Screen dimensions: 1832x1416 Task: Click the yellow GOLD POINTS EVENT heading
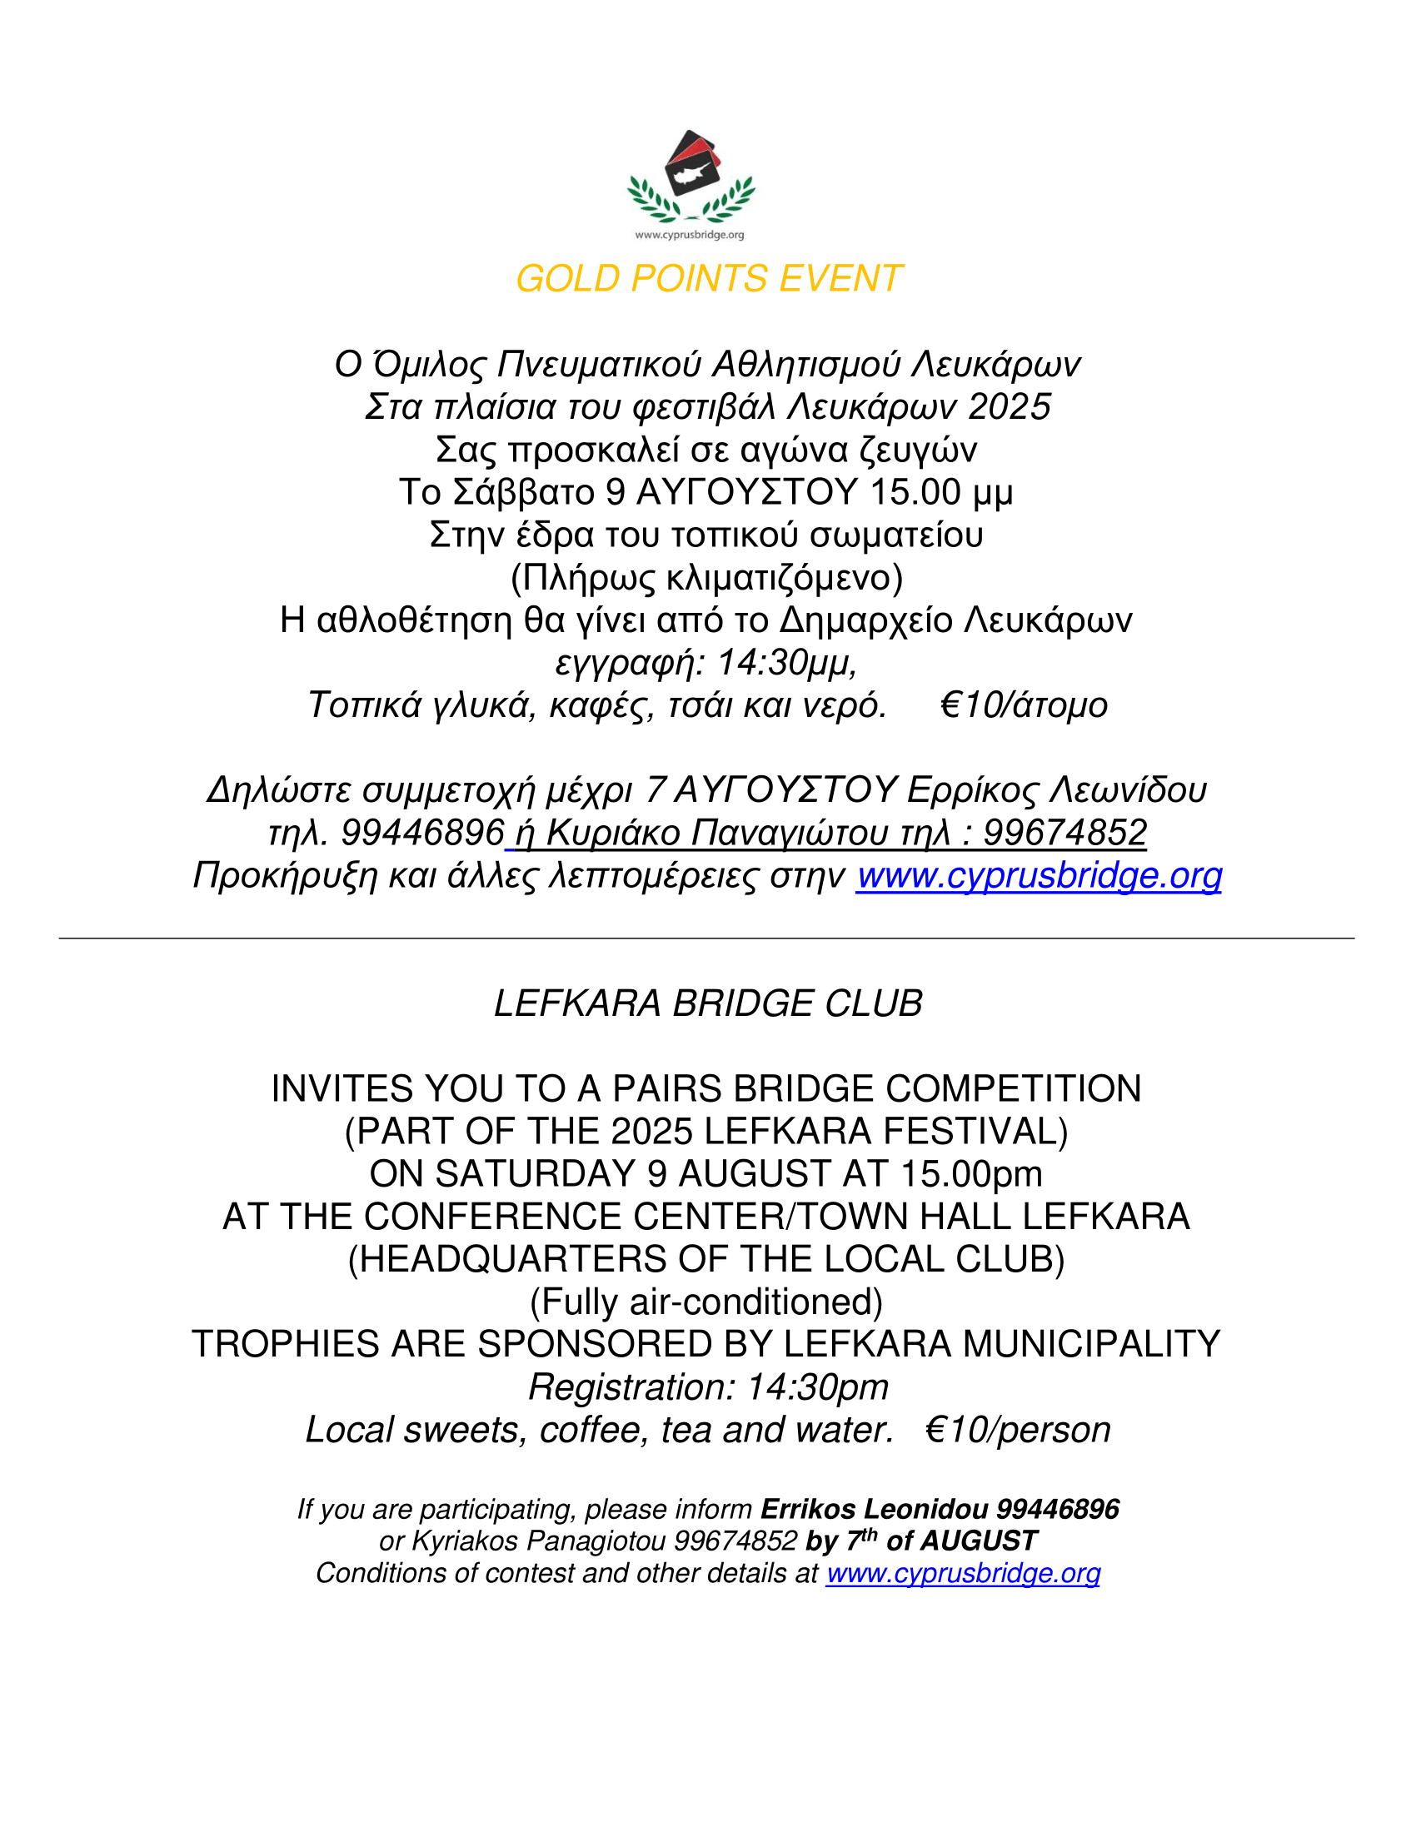click(x=708, y=278)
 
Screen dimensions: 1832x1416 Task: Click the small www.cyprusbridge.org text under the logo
click(x=690, y=235)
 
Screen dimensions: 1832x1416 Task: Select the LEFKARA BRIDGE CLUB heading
click(x=708, y=1004)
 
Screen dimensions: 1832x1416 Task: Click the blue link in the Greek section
click(x=1039, y=876)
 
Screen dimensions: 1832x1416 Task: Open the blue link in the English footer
click(x=962, y=1574)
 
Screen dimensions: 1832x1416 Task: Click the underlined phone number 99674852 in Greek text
click(x=1064, y=833)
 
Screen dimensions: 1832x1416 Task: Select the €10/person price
click(x=1018, y=1430)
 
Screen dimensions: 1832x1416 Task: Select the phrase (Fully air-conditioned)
click(x=706, y=1302)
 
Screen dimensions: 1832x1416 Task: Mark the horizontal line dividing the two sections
click(x=706, y=938)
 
